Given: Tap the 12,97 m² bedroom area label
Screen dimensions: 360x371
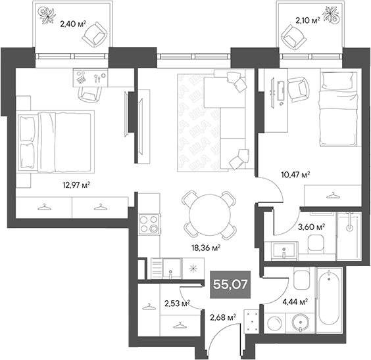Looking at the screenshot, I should click(75, 185).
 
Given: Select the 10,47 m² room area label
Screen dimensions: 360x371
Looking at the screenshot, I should click(296, 175).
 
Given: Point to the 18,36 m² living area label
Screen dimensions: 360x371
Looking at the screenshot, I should click(205, 248).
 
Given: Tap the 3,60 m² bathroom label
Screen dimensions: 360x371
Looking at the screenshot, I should click(311, 227).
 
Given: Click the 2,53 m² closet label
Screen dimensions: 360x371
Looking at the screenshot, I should click(176, 303).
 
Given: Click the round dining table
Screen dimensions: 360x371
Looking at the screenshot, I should click(209, 216).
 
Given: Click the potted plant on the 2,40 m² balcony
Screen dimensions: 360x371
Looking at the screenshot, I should click(49, 14).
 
